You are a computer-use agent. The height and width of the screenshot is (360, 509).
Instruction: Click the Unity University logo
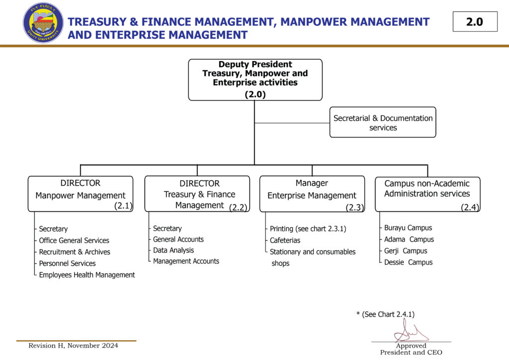43,22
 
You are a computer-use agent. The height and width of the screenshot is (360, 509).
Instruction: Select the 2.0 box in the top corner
475,22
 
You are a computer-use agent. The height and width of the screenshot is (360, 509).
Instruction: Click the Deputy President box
255,80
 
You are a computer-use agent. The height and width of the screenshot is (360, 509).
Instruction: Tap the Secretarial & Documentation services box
383,122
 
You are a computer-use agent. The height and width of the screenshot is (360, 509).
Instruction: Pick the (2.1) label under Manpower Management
123,205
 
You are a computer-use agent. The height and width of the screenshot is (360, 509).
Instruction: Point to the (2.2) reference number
239,208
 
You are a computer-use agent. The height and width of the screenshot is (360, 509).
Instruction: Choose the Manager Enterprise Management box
312,194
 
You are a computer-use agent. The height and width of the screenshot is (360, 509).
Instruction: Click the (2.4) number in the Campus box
470,207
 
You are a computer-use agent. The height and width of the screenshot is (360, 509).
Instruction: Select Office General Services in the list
74,241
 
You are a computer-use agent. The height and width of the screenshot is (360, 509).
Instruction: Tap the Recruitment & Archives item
75,252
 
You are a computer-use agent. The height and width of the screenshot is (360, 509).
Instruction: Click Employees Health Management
87,275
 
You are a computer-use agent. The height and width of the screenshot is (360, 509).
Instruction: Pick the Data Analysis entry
173,250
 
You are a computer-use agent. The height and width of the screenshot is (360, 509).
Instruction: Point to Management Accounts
186,261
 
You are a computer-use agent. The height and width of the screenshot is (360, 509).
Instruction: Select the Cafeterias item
285,241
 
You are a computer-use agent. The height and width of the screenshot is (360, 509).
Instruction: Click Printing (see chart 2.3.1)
308,229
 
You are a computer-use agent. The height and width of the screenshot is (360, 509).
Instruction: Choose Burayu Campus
408,228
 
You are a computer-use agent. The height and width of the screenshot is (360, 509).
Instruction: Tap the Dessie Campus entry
408,263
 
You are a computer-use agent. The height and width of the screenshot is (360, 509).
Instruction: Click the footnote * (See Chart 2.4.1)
385,314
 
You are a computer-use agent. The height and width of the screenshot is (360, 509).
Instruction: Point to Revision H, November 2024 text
73,346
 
